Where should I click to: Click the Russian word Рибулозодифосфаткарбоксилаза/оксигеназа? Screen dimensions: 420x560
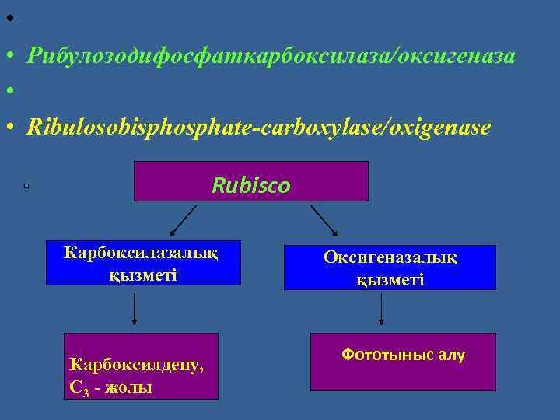tap(270, 55)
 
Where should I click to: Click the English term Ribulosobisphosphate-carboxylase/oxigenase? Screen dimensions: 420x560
tap(258, 127)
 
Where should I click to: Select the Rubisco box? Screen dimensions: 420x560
tap(250, 181)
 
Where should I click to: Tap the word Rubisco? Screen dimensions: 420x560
tap(251, 186)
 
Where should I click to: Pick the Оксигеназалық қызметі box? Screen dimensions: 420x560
tap(390, 268)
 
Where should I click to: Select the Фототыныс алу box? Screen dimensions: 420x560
tap(403, 362)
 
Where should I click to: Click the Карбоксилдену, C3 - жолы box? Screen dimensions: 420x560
tap(141, 366)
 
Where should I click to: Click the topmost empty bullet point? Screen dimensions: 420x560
tap(9, 17)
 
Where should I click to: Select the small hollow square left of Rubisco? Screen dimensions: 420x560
tap(26, 186)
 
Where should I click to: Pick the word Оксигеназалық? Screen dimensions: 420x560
tap(390, 258)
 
